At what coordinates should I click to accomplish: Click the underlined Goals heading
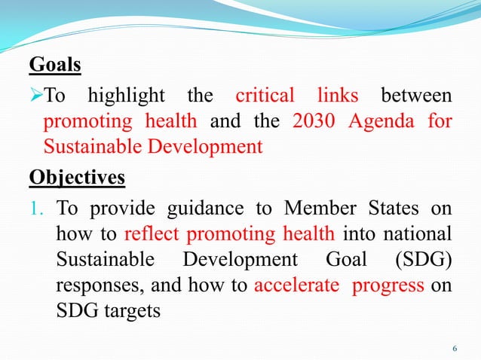[x=54, y=66]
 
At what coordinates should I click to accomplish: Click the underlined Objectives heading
[x=77, y=178]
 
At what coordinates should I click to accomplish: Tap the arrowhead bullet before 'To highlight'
[x=36, y=96]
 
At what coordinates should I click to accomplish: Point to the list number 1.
[x=39, y=209]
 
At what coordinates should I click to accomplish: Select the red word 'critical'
[x=263, y=96]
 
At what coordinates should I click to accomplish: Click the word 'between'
[x=417, y=96]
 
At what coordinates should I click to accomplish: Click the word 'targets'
[x=131, y=310]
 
